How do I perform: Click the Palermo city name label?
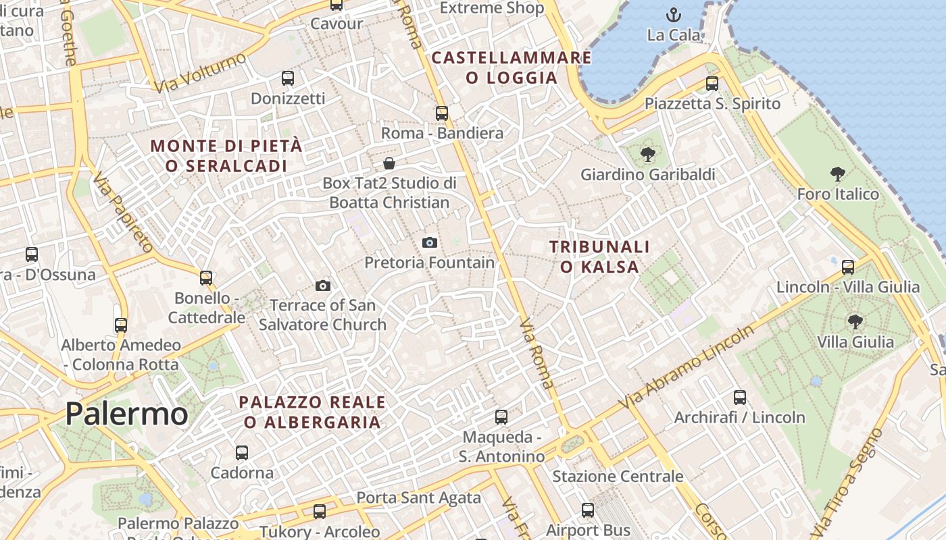coord(126,413)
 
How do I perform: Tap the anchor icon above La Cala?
coord(674,15)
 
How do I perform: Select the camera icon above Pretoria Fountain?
coord(430,242)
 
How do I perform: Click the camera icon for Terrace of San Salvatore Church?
coord(323,286)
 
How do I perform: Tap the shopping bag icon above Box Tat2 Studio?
coord(389,163)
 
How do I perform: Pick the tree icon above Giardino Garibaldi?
coord(647,155)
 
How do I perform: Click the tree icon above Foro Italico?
coord(838,174)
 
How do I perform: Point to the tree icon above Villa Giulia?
coord(855,322)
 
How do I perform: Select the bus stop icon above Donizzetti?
coord(288,78)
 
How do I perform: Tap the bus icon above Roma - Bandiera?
coord(442,113)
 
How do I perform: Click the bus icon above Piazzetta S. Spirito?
coord(712,84)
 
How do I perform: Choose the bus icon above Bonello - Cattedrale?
coord(206,278)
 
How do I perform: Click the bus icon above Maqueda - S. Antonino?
coord(501,417)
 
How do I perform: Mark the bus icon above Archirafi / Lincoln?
coord(740,398)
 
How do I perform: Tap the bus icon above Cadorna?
coord(242,453)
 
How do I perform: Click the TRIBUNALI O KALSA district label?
coord(599,256)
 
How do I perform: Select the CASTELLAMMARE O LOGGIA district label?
coord(512,67)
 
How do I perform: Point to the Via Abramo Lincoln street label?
coord(687,368)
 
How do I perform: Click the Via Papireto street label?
coord(124,213)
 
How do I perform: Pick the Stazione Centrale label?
coord(618,477)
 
